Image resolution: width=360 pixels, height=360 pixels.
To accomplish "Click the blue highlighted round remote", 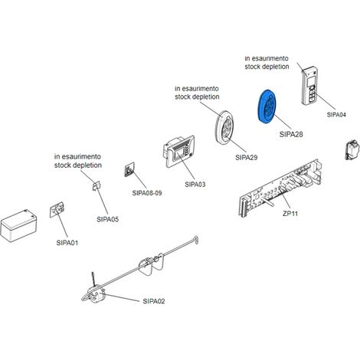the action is [267, 106].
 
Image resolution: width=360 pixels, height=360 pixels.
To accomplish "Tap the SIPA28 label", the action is [291, 134].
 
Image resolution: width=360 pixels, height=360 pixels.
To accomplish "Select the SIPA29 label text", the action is [247, 158].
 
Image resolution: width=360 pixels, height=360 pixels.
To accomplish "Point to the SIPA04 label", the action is [336, 115].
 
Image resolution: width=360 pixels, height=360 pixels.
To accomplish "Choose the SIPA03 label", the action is [195, 185].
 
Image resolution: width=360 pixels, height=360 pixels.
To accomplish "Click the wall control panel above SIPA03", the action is [178, 151].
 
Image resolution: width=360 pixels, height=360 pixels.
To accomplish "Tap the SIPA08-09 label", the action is [147, 193].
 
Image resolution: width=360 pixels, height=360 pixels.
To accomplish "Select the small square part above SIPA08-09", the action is [129, 169].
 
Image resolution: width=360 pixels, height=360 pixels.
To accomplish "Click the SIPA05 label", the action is [108, 219].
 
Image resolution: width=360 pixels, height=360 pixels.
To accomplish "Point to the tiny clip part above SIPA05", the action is [97, 186].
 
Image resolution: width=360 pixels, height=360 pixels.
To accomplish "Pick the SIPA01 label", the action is [67, 243].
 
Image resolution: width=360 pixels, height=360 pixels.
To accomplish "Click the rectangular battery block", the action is [18, 225].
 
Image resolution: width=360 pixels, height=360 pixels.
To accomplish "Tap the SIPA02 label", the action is [154, 301].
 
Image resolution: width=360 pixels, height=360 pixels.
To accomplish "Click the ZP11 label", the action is [290, 214].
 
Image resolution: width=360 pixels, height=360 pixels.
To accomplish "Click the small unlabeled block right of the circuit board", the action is [352, 149].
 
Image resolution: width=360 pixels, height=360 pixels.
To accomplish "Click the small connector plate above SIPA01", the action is [57, 210].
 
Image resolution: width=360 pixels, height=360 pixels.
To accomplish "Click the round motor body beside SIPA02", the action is [96, 294].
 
